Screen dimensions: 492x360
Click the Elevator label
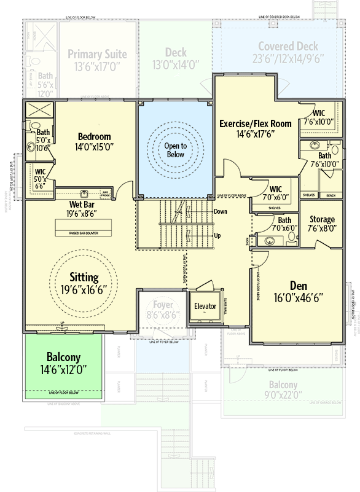tap(205, 305)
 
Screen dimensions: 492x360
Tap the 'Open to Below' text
tap(174, 150)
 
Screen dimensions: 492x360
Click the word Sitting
tap(84, 276)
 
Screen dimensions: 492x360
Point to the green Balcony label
tap(63, 357)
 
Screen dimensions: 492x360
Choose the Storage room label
tap(322, 219)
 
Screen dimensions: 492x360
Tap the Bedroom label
tap(94, 136)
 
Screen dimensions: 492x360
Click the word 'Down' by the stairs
tap(221, 211)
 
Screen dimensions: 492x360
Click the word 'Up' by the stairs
tap(217, 235)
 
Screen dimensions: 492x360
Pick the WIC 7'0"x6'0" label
tap(275, 189)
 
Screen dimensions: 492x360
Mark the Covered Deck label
tap(288, 47)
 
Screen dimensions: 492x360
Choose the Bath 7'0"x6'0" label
tap(284, 220)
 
